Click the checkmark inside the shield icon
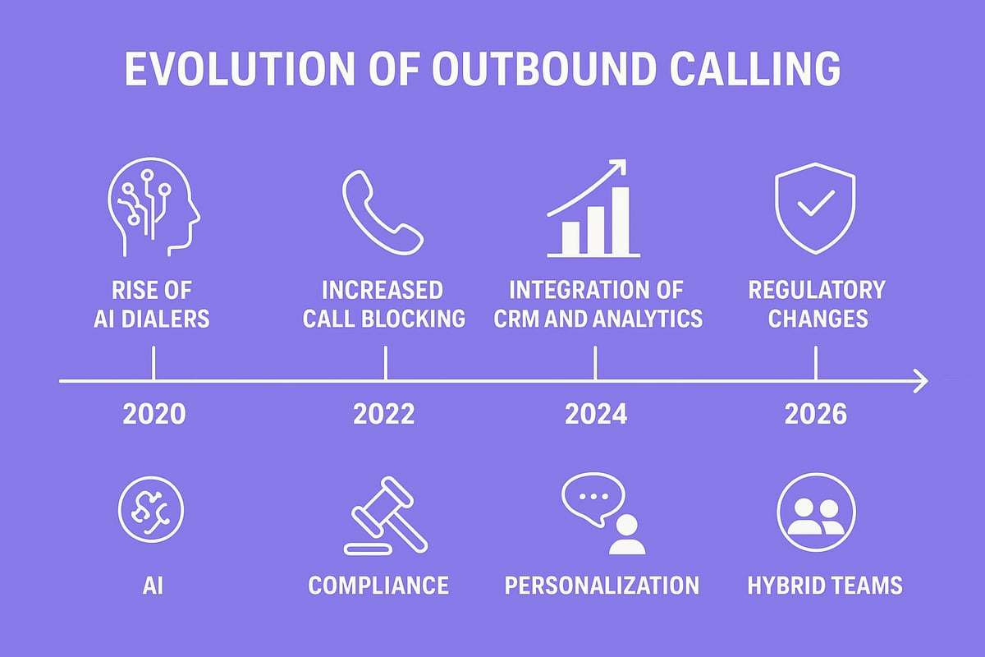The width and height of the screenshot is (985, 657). pos(815,201)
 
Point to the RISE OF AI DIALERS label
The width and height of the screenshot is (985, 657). pos(153,304)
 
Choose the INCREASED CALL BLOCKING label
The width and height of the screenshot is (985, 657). pos(383,304)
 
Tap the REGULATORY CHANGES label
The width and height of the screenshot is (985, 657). pos(815,304)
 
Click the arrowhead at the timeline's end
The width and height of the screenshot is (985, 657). pos(920,381)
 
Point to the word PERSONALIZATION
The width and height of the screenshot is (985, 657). pos(602,586)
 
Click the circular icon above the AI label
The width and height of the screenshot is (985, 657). pos(151,509)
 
